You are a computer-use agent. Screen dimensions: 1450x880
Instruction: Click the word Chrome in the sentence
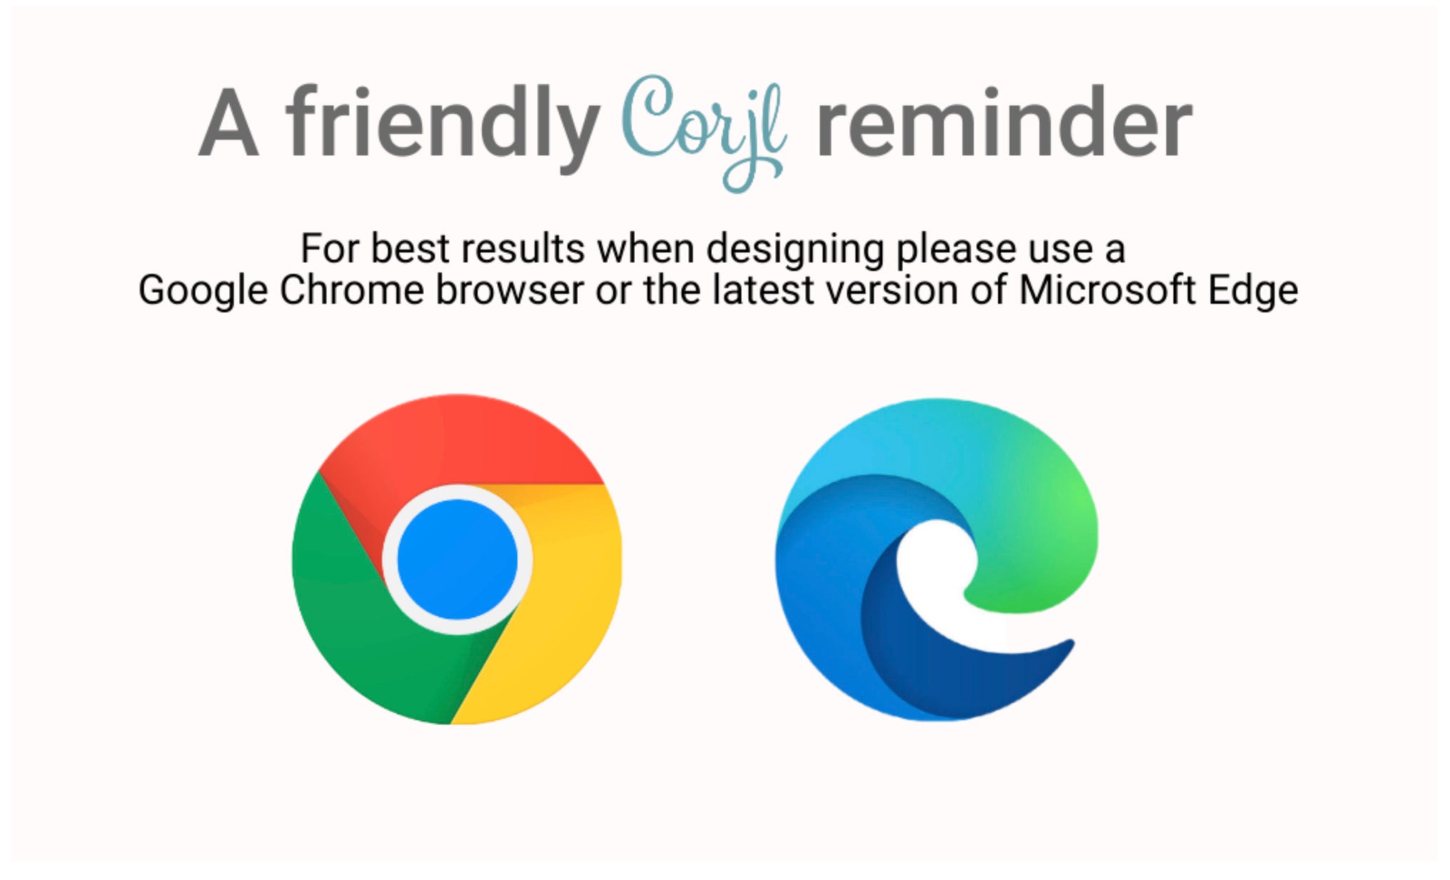pyautogui.click(x=351, y=290)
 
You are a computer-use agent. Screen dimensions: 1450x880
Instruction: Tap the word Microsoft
pyautogui.click(x=1107, y=290)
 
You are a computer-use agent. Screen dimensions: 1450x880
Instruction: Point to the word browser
pyautogui.click(x=510, y=290)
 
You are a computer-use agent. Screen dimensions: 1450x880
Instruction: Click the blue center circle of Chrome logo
pyautogui.click(x=458, y=559)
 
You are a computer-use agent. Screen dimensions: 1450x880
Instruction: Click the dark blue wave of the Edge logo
pyautogui.click(x=927, y=670)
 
